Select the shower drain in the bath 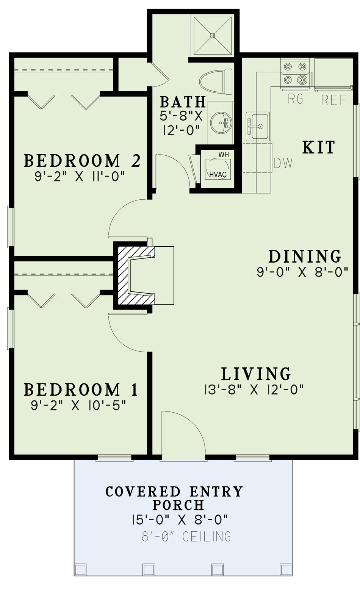[212, 35]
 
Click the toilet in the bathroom [216, 81]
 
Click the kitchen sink [258, 127]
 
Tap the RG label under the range [296, 99]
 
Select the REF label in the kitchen [334, 100]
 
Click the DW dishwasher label [283, 163]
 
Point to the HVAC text [218, 174]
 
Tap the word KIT [319, 147]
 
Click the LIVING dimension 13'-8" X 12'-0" [254, 390]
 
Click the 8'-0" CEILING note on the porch [186, 536]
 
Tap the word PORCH [178, 505]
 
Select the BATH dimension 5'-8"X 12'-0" [181, 123]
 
